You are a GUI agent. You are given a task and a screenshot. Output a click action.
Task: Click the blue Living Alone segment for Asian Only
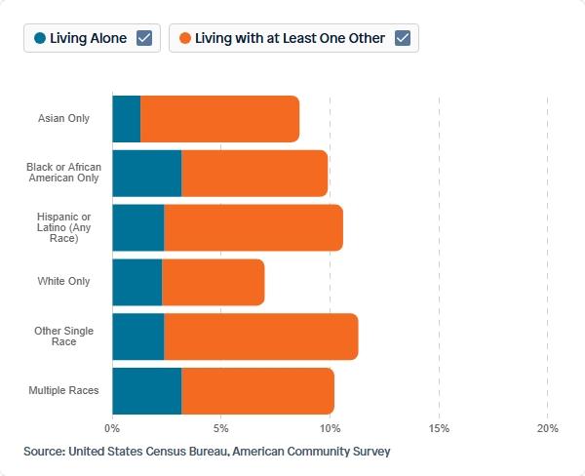click(127, 119)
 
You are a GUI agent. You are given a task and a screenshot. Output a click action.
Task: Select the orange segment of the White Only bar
click(214, 282)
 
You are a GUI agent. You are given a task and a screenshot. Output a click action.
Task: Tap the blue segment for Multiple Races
click(147, 391)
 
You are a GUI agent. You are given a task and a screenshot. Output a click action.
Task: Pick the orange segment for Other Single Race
click(261, 337)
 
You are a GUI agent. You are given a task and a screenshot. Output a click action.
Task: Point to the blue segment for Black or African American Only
click(147, 174)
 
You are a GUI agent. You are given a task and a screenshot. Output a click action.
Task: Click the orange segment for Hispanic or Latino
click(253, 227)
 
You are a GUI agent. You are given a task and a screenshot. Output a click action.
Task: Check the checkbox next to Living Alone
click(144, 38)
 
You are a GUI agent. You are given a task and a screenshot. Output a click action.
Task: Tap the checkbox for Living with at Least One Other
click(403, 38)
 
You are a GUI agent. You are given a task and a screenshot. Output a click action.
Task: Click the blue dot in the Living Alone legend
click(40, 38)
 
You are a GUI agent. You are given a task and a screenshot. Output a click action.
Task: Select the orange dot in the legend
click(185, 38)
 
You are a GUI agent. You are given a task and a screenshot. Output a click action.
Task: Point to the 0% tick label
click(112, 428)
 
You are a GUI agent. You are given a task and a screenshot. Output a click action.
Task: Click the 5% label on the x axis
click(221, 428)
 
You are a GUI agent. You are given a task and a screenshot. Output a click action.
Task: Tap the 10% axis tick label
click(330, 428)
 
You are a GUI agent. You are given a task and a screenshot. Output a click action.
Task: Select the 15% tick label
click(439, 428)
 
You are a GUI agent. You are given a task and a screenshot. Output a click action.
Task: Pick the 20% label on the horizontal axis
click(548, 428)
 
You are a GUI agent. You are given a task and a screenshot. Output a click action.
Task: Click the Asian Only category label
click(63, 118)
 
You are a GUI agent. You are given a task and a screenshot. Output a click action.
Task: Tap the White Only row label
click(63, 281)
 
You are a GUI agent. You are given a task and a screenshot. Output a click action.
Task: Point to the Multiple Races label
click(63, 390)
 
